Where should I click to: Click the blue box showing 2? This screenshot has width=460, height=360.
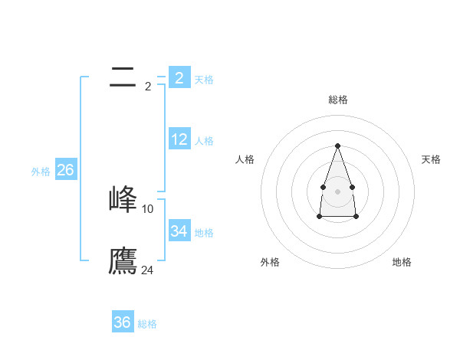(179, 77)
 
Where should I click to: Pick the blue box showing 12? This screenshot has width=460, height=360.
(179, 139)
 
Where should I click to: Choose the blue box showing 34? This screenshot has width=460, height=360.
(179, 231)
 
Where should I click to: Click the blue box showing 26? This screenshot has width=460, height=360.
(65, 170)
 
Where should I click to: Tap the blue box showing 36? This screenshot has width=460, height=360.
(123, 322)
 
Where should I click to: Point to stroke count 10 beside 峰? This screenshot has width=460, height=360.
(148, 208)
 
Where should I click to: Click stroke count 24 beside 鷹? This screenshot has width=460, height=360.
(148, 270)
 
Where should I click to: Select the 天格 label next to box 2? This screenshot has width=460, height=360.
(204, 80)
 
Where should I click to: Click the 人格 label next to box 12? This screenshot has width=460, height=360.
(204, 141)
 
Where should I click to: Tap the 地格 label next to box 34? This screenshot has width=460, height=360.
(204, 233)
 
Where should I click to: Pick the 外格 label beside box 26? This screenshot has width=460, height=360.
(41, 172)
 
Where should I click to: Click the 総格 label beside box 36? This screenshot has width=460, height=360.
(147, 324)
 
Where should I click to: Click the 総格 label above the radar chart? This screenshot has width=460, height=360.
(337, 100)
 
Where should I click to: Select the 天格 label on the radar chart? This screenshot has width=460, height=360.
(432, 159)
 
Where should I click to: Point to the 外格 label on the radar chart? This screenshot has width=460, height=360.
(270, 262)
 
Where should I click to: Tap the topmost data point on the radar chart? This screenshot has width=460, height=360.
(337, 145)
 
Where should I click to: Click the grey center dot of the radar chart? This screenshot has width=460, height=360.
(337, 190)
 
